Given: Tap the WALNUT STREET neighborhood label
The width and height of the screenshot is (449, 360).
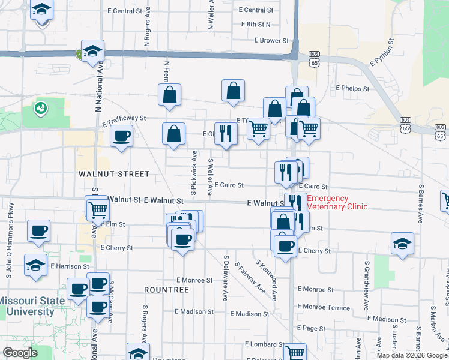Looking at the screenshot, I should click(113, 174).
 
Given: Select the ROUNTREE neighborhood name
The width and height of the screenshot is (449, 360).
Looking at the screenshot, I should click(167, 289).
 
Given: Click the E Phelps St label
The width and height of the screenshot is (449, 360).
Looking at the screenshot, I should click(352, 88).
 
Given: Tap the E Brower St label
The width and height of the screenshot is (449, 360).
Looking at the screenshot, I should click(271, 41).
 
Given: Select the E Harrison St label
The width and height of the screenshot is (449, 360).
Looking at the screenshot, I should click(70, 266).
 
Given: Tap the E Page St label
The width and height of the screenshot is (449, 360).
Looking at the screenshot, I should click(310, 328).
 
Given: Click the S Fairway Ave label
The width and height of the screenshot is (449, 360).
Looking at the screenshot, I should click(250, 278).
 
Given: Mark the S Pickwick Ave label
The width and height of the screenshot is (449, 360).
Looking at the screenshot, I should click(194, 173).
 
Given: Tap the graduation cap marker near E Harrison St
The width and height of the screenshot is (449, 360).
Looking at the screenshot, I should click(36, 264).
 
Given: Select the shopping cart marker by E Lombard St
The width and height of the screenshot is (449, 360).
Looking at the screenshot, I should click(295, 353).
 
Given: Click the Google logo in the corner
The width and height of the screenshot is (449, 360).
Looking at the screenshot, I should click(20, 352).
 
